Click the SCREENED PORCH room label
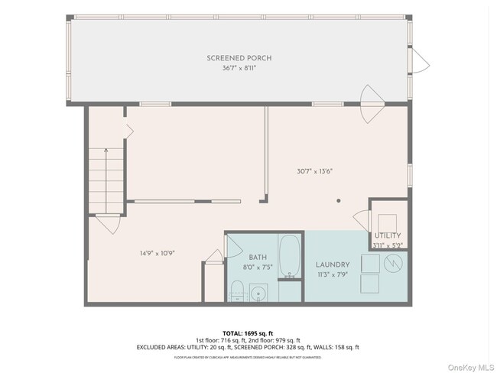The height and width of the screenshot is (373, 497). pyautogui.click(x=239, y=58)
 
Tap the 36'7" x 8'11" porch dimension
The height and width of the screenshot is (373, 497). pyautogui.click(x=239, y=68)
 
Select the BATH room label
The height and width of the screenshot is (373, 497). pyautogui.click(x=258, y=258)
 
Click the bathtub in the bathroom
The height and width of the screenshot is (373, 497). pyautogui.click(x=290, y=256)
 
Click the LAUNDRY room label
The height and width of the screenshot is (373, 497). pyautogui.click(x=333, y=265)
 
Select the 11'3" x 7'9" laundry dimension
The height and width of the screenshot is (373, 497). pyautogui.click(x=333, y=274)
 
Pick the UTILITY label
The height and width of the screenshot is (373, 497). pyautogui.click(x=388, y=235)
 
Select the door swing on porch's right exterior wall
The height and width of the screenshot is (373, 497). pyautogui.click(x=420, y=60)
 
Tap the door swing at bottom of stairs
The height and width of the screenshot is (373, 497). pyautogui.click(x=108, y=224)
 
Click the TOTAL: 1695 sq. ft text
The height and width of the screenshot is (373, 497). pyautogui.click(x=248, y=333)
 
